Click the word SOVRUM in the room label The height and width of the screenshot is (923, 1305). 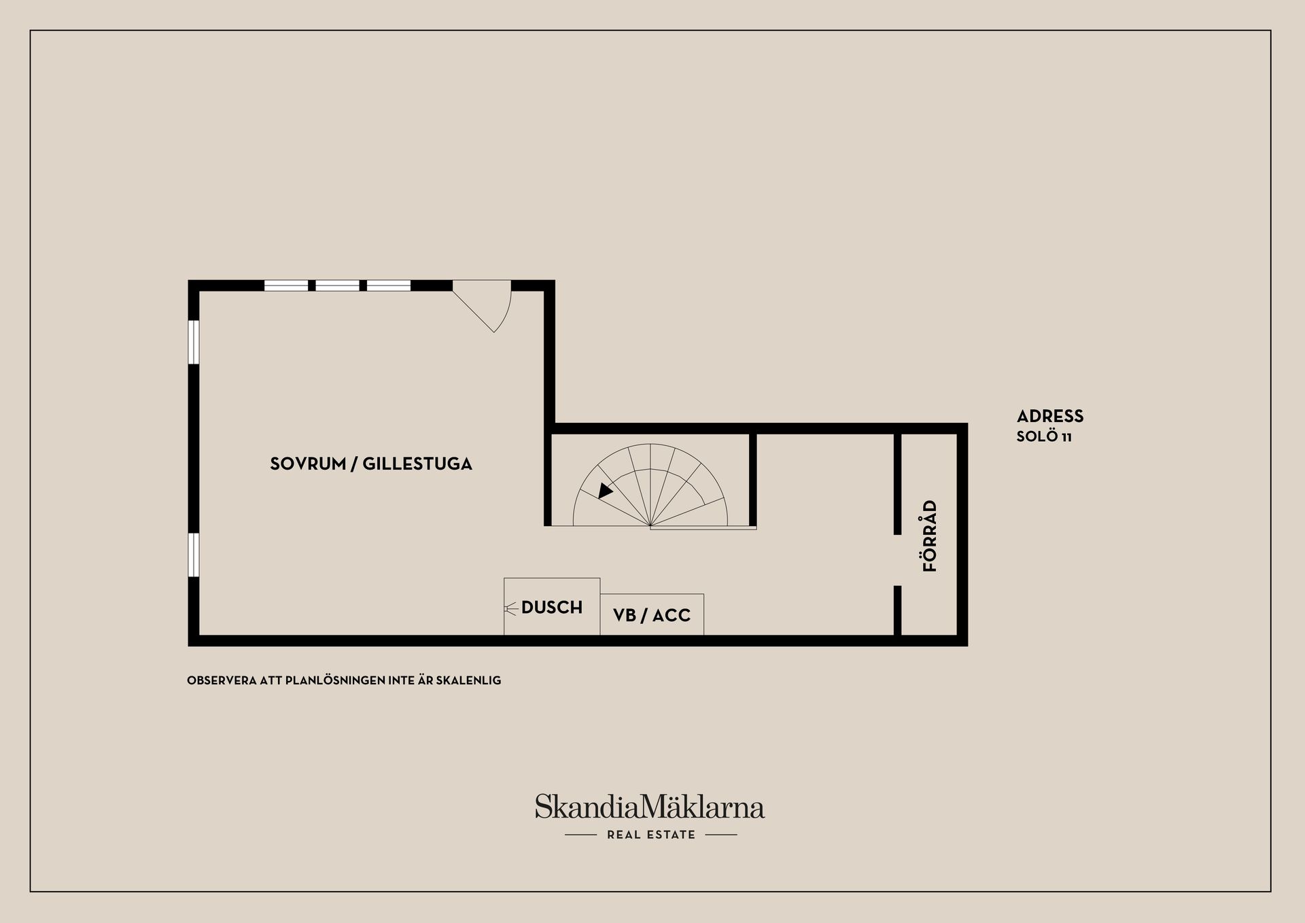tap(308, 464)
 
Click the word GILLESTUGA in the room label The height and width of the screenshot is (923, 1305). tap(417, 464)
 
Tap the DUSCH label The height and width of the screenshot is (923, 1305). tap(552, 607)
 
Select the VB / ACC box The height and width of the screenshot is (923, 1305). tap(652, 615)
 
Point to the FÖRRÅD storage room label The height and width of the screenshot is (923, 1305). tap(930, 536)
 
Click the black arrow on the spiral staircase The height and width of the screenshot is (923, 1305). tap(605, 490)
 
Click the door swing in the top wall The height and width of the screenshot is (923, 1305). tap(482, 306)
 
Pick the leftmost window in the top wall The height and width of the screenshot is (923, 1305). tap(286, 285)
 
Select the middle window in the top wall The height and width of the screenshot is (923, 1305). tap(338, 285)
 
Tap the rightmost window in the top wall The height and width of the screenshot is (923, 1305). tap(389, 285)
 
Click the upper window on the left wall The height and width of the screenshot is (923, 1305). tap(194, 342)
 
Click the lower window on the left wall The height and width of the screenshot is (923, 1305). tap(194, 555)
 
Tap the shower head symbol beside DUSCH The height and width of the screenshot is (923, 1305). tap(511, 607)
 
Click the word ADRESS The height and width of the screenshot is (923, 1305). tap(1050, 416)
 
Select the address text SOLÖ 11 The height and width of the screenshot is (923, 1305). tap(1044, 436)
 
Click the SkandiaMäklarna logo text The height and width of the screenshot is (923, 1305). tap(650, 806)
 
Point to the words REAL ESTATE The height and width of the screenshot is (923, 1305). tap(651, 835)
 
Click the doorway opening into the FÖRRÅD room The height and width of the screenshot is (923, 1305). tap(897, 560)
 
